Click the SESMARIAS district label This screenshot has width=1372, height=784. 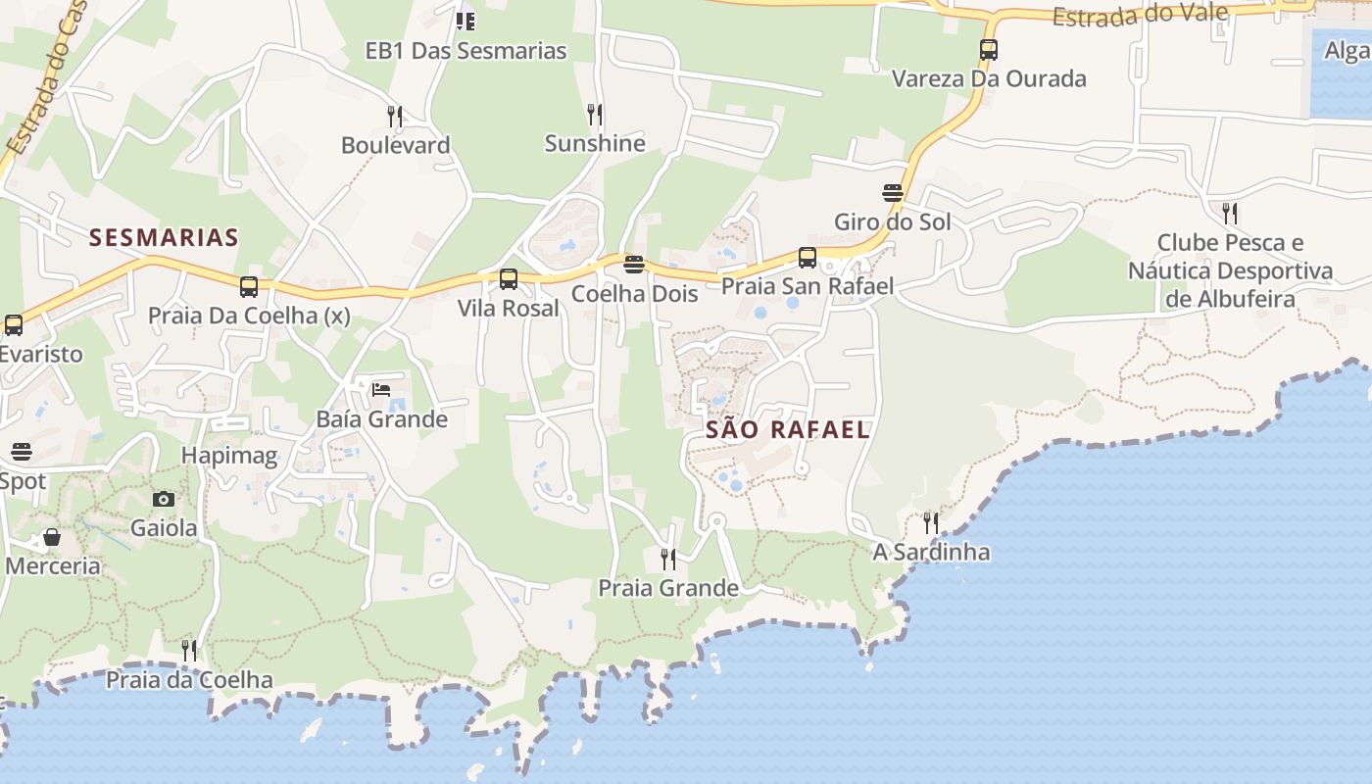click(x=164, y=237)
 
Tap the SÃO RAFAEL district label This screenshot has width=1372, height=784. click(x=788, y=429)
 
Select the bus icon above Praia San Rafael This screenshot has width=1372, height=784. click(x=808, y=258)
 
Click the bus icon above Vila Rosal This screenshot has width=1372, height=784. click(x=509, y=279)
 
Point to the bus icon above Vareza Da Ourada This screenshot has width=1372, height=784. click(x=989, y=50)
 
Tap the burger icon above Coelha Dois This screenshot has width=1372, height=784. click(x=634, y=265)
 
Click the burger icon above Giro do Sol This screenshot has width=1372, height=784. click(x=893, y=193)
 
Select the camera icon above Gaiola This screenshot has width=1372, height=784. click(x=164, y=500)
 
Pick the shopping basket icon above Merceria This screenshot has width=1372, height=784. click(x=52, y=537)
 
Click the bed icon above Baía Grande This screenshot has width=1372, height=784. click(x=381, y=390)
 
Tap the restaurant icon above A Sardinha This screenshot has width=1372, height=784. click(x=931, y=523)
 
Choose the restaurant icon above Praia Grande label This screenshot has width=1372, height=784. click(x=668, y=560)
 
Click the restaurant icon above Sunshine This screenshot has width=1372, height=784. click(x=595, y=115)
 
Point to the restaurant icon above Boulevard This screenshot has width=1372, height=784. click(x=395, y=117)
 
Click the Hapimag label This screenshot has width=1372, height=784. click(x=229, y=456)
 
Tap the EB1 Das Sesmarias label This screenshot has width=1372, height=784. click(x=465, y=51)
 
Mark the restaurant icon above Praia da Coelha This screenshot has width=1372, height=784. click(x=189, y=650)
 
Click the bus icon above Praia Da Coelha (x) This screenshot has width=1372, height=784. click(x=249, y=287)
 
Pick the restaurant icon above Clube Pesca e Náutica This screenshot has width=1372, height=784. click(x=1230, y=213)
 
